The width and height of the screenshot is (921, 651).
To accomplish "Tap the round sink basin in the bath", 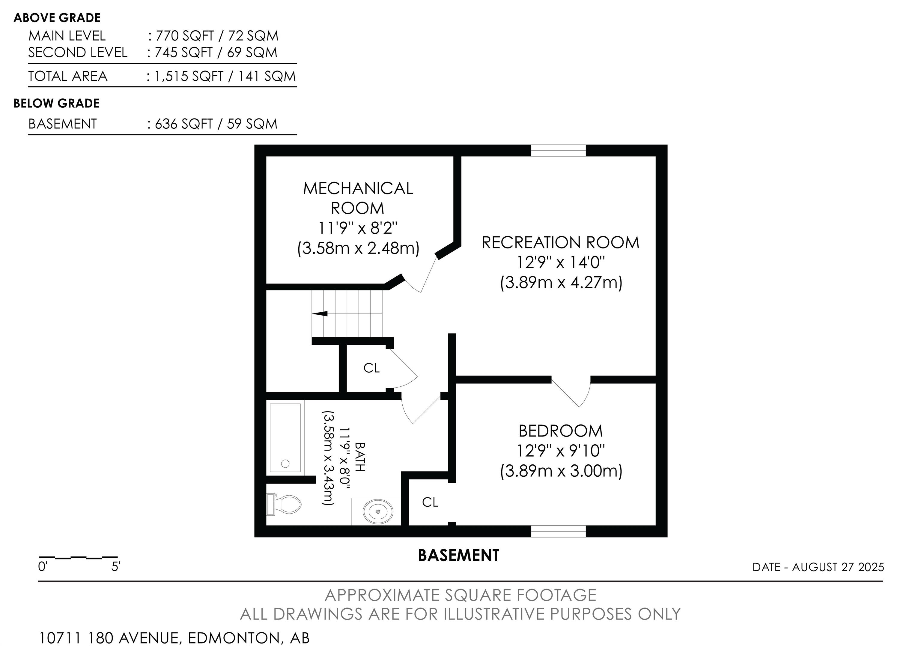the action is pyautogui.click(x=378, y=511).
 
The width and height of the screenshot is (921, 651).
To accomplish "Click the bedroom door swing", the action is pyautogui.click(x=572, y=391).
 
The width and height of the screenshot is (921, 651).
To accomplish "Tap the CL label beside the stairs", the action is pyautogui.click(x=371, y=368).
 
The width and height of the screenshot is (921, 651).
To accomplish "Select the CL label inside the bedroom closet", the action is pyautogui.click(x=430, y=502).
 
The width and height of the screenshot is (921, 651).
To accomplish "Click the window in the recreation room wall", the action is pyautogui.click(x=558, y=151).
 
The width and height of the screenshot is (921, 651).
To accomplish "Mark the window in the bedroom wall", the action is pyautogui.click(x=558, y=531).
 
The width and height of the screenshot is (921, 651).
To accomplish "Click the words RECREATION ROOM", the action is pyautogui.click(x=560, y=242).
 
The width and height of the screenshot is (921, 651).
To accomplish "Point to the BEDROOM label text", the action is pyautogui.click(x=561, y=431).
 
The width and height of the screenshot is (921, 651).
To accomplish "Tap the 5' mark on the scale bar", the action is pyautogui.click(x=116, y=566).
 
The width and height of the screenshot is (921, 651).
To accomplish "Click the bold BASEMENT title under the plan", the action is pyautogui.click(x=458, y=556).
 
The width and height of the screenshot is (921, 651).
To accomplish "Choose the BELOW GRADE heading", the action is pyautogui.click(x=57, y=103).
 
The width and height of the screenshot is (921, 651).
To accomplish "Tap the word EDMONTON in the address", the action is pyautogui.click(x=234, y=638).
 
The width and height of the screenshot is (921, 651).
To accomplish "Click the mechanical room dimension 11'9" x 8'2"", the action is pyautogui.click(x=358, y=228).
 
